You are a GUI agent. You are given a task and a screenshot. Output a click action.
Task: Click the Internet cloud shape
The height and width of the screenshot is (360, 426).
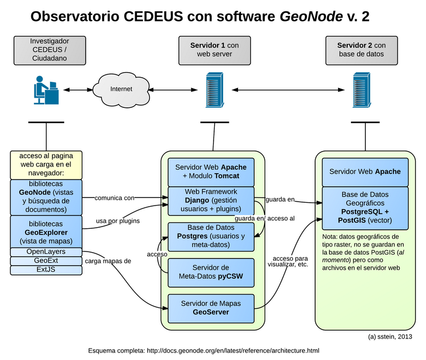pos(120,89)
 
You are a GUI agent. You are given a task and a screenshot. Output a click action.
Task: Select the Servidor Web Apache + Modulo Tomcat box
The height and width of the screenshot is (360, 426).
pos(211,171)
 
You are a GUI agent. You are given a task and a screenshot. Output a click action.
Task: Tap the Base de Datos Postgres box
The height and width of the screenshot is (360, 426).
pos(211,236)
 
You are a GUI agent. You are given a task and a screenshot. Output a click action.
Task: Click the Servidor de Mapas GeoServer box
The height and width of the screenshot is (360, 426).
pos(211,308)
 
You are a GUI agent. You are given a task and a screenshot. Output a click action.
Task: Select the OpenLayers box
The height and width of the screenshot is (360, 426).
pos(46,252)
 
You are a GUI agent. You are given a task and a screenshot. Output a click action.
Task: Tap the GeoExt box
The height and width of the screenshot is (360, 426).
pos(46,261)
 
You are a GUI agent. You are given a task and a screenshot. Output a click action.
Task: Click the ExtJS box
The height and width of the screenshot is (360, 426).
pos(46,270)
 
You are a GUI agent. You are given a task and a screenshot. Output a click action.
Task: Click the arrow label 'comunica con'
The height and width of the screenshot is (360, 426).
pos(115,198)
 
